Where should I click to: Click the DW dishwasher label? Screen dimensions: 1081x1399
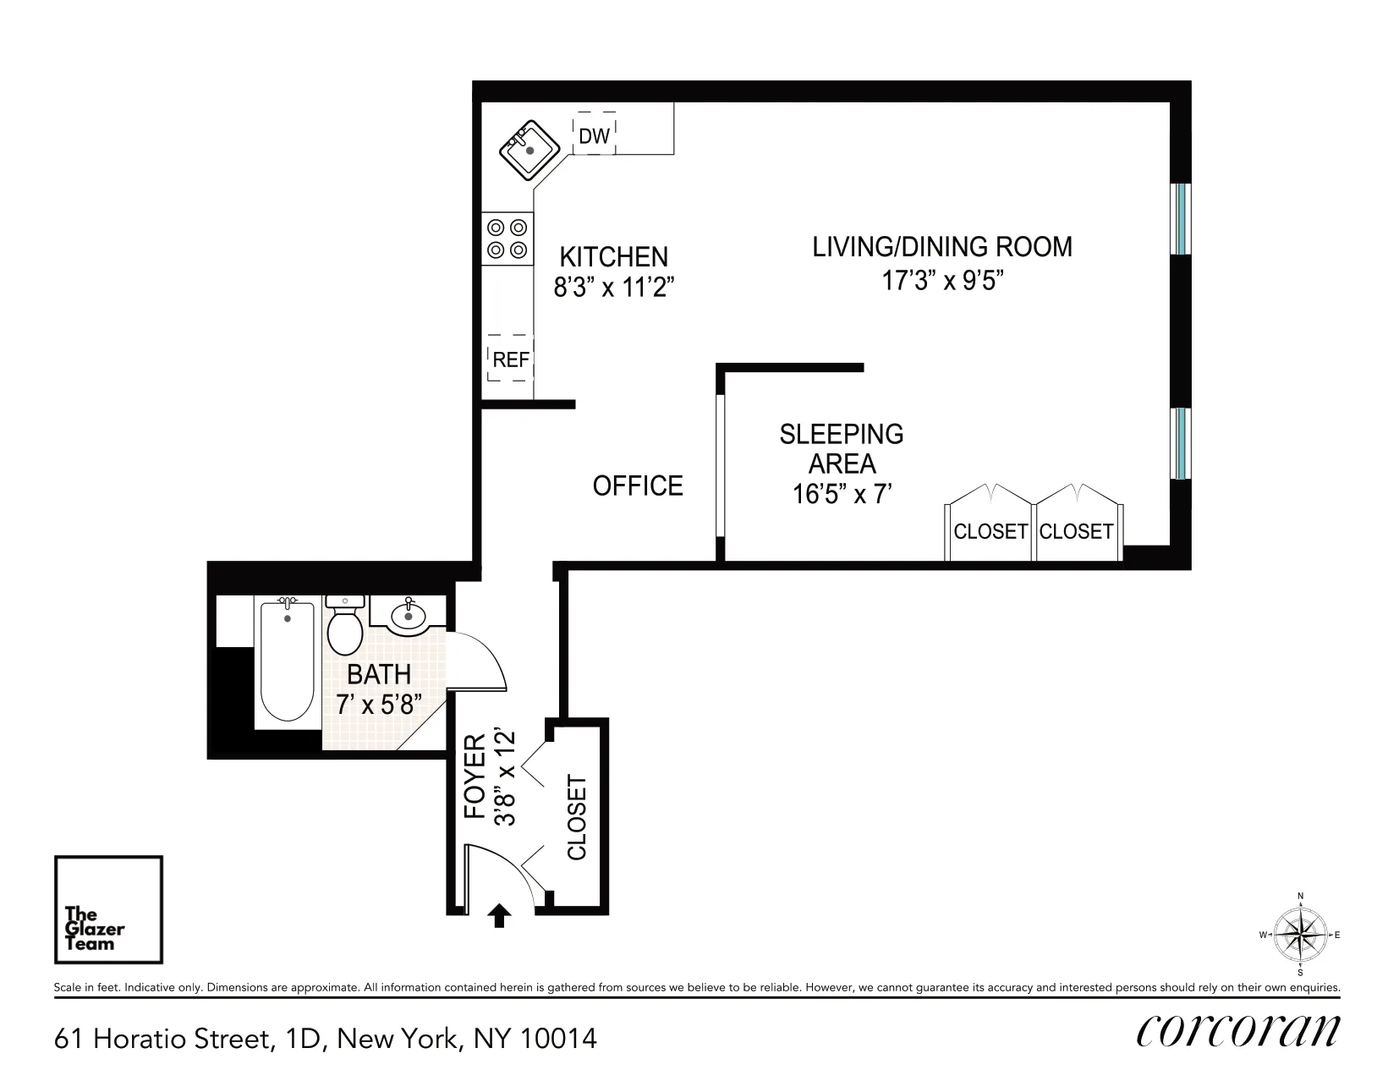coord(594,136)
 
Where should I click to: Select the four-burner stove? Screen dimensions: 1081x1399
coord(507,239)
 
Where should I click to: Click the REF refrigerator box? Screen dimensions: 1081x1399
coord(510,360)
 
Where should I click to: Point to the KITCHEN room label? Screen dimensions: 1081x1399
coord(613,256)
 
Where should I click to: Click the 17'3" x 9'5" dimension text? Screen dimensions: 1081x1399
coord(942,281)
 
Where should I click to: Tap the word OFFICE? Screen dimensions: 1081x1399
coord(637,486)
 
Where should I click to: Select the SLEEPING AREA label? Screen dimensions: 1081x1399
coord(842,449)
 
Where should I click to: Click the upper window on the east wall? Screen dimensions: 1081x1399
coord(1181,217)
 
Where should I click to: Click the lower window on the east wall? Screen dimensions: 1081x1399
coord(1181,443)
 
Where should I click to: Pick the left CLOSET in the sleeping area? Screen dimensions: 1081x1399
coord(990,530)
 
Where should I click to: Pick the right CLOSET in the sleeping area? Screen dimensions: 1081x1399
coord(1076,530)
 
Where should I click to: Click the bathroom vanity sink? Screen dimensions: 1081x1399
coord(409,615)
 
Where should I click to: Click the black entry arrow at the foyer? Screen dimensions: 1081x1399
coord(500,915)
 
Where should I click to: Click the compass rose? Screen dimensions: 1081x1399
coord(1300,935)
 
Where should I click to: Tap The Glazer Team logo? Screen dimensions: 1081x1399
coord(108,909)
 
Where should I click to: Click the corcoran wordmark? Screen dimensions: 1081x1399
coord(1238,1031)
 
